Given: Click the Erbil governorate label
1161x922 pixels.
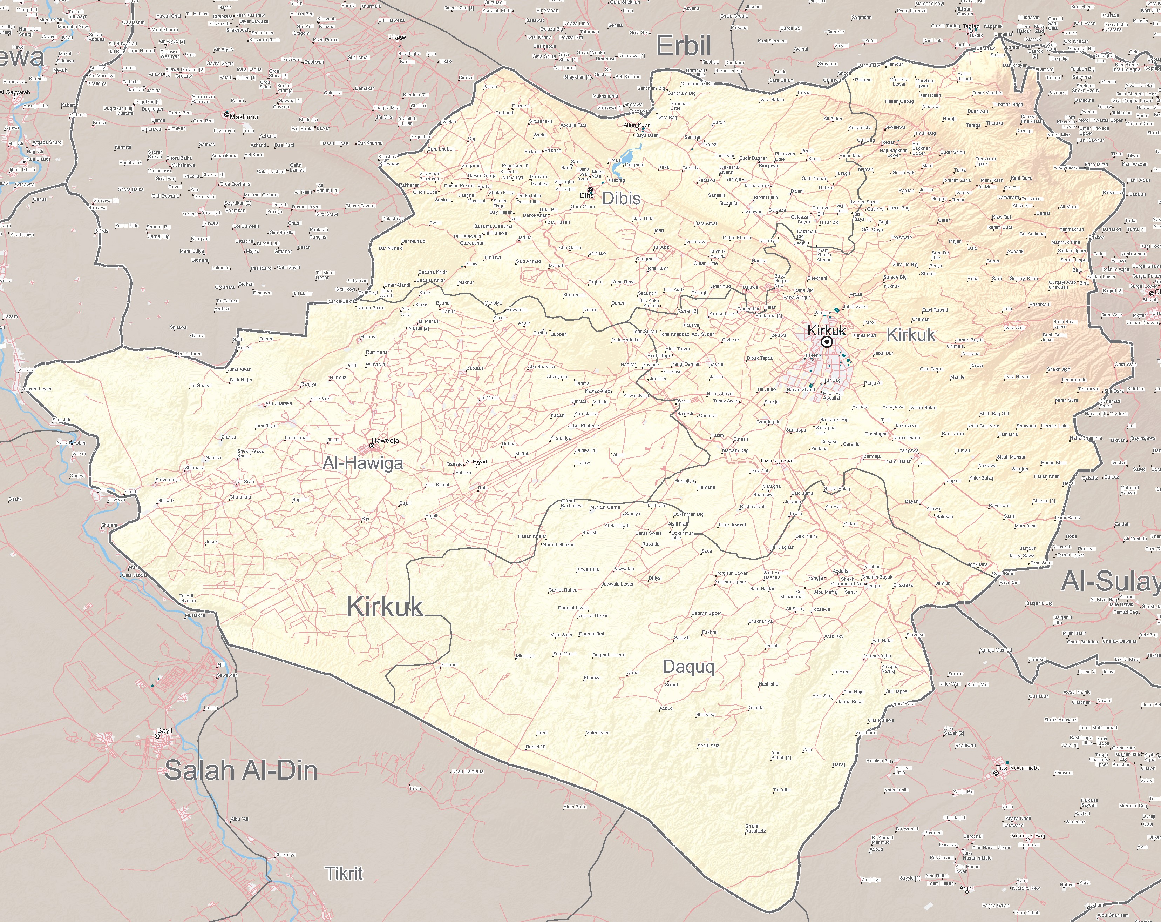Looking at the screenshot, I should click(x=684, y=46).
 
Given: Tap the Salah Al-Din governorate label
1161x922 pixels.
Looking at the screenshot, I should click(x=241, y=770).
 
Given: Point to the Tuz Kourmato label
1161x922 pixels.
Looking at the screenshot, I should click(x=1018, y=767).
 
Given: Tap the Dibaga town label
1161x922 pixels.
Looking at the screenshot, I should click(x=398, y=36).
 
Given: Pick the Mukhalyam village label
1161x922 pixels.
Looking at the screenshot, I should click(x=598, y=733).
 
